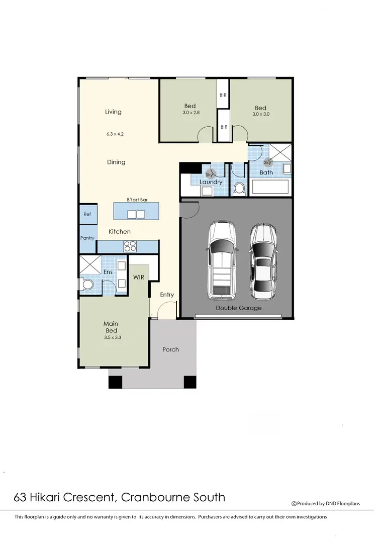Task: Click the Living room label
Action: (x=113, y=112)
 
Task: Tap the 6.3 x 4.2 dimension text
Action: (x=115, y=134)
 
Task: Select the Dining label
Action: (x=116, y=162)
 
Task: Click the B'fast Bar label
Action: (x=137, y=200)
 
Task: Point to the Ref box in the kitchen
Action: (x=87, y=215)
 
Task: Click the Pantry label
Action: (x=87, y=238)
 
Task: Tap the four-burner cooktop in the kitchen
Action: (x=130, y=246)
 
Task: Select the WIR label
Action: (x=139, y=277)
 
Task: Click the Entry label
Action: (x=167, y=295)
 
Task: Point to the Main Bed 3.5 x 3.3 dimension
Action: (x=113, y=338)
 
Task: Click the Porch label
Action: (x=170, y=349)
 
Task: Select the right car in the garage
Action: (x=263, y=260)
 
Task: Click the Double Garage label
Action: (x=239, y=308)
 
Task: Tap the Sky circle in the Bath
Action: (x=267, y=162)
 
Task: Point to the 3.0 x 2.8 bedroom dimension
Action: (x=191, y=113)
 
